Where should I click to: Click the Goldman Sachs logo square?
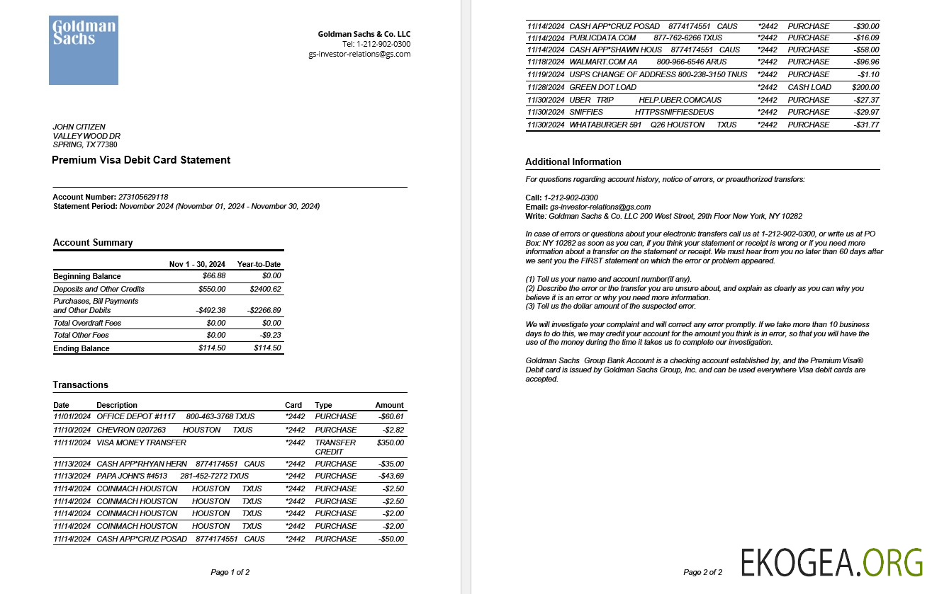point(83,50)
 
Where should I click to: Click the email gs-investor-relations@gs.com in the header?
point(359,54)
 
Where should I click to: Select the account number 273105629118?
point(143,197)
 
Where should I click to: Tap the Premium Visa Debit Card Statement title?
point(141,160)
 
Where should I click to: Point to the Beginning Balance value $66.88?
point(212,276)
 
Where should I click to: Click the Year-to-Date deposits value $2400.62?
point(266,289)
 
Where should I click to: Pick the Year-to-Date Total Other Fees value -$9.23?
point(268,335)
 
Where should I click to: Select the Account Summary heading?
point(93,243)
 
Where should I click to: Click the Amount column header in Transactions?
point(389,405)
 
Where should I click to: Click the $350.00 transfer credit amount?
point(391,442)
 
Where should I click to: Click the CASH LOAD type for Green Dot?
point(809,87)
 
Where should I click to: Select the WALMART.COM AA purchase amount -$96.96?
point(866,62)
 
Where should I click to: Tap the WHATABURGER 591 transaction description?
point(605,125)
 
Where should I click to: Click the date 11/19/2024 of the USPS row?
point(546,74)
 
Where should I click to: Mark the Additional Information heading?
point(573,162)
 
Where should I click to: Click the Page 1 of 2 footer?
point(230,572)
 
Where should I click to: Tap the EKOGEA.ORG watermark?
point(832,562)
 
